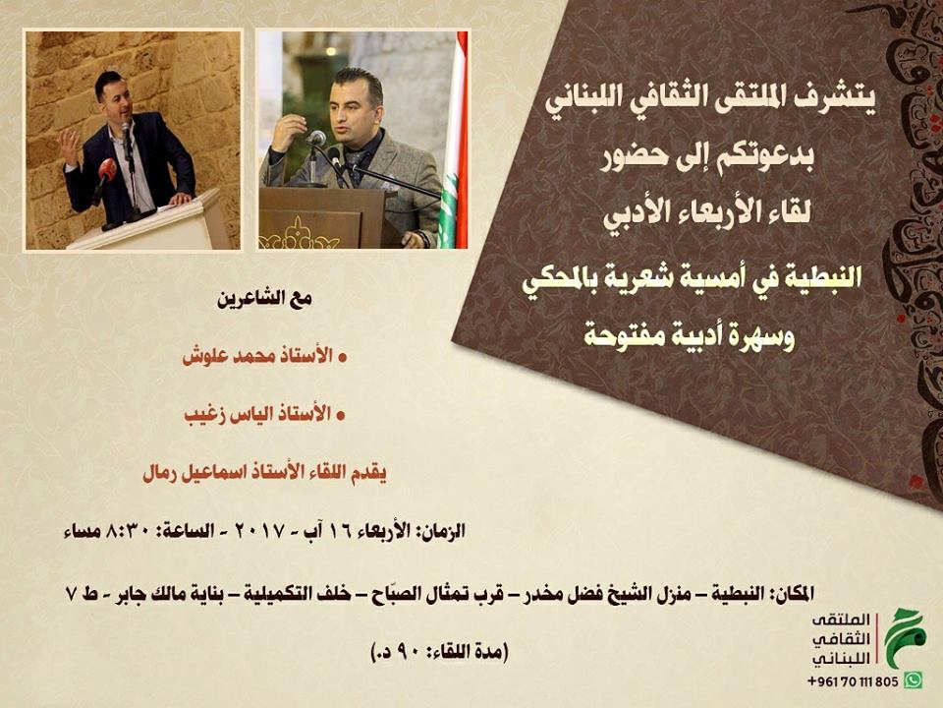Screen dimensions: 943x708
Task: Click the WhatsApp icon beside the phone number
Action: point(913,680)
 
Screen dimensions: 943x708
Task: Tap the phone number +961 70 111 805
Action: point(854,681)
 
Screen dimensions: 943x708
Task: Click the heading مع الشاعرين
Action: point(265,299)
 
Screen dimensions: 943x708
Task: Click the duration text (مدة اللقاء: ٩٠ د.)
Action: point(440,651)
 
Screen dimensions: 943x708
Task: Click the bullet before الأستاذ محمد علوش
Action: point(343,358)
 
